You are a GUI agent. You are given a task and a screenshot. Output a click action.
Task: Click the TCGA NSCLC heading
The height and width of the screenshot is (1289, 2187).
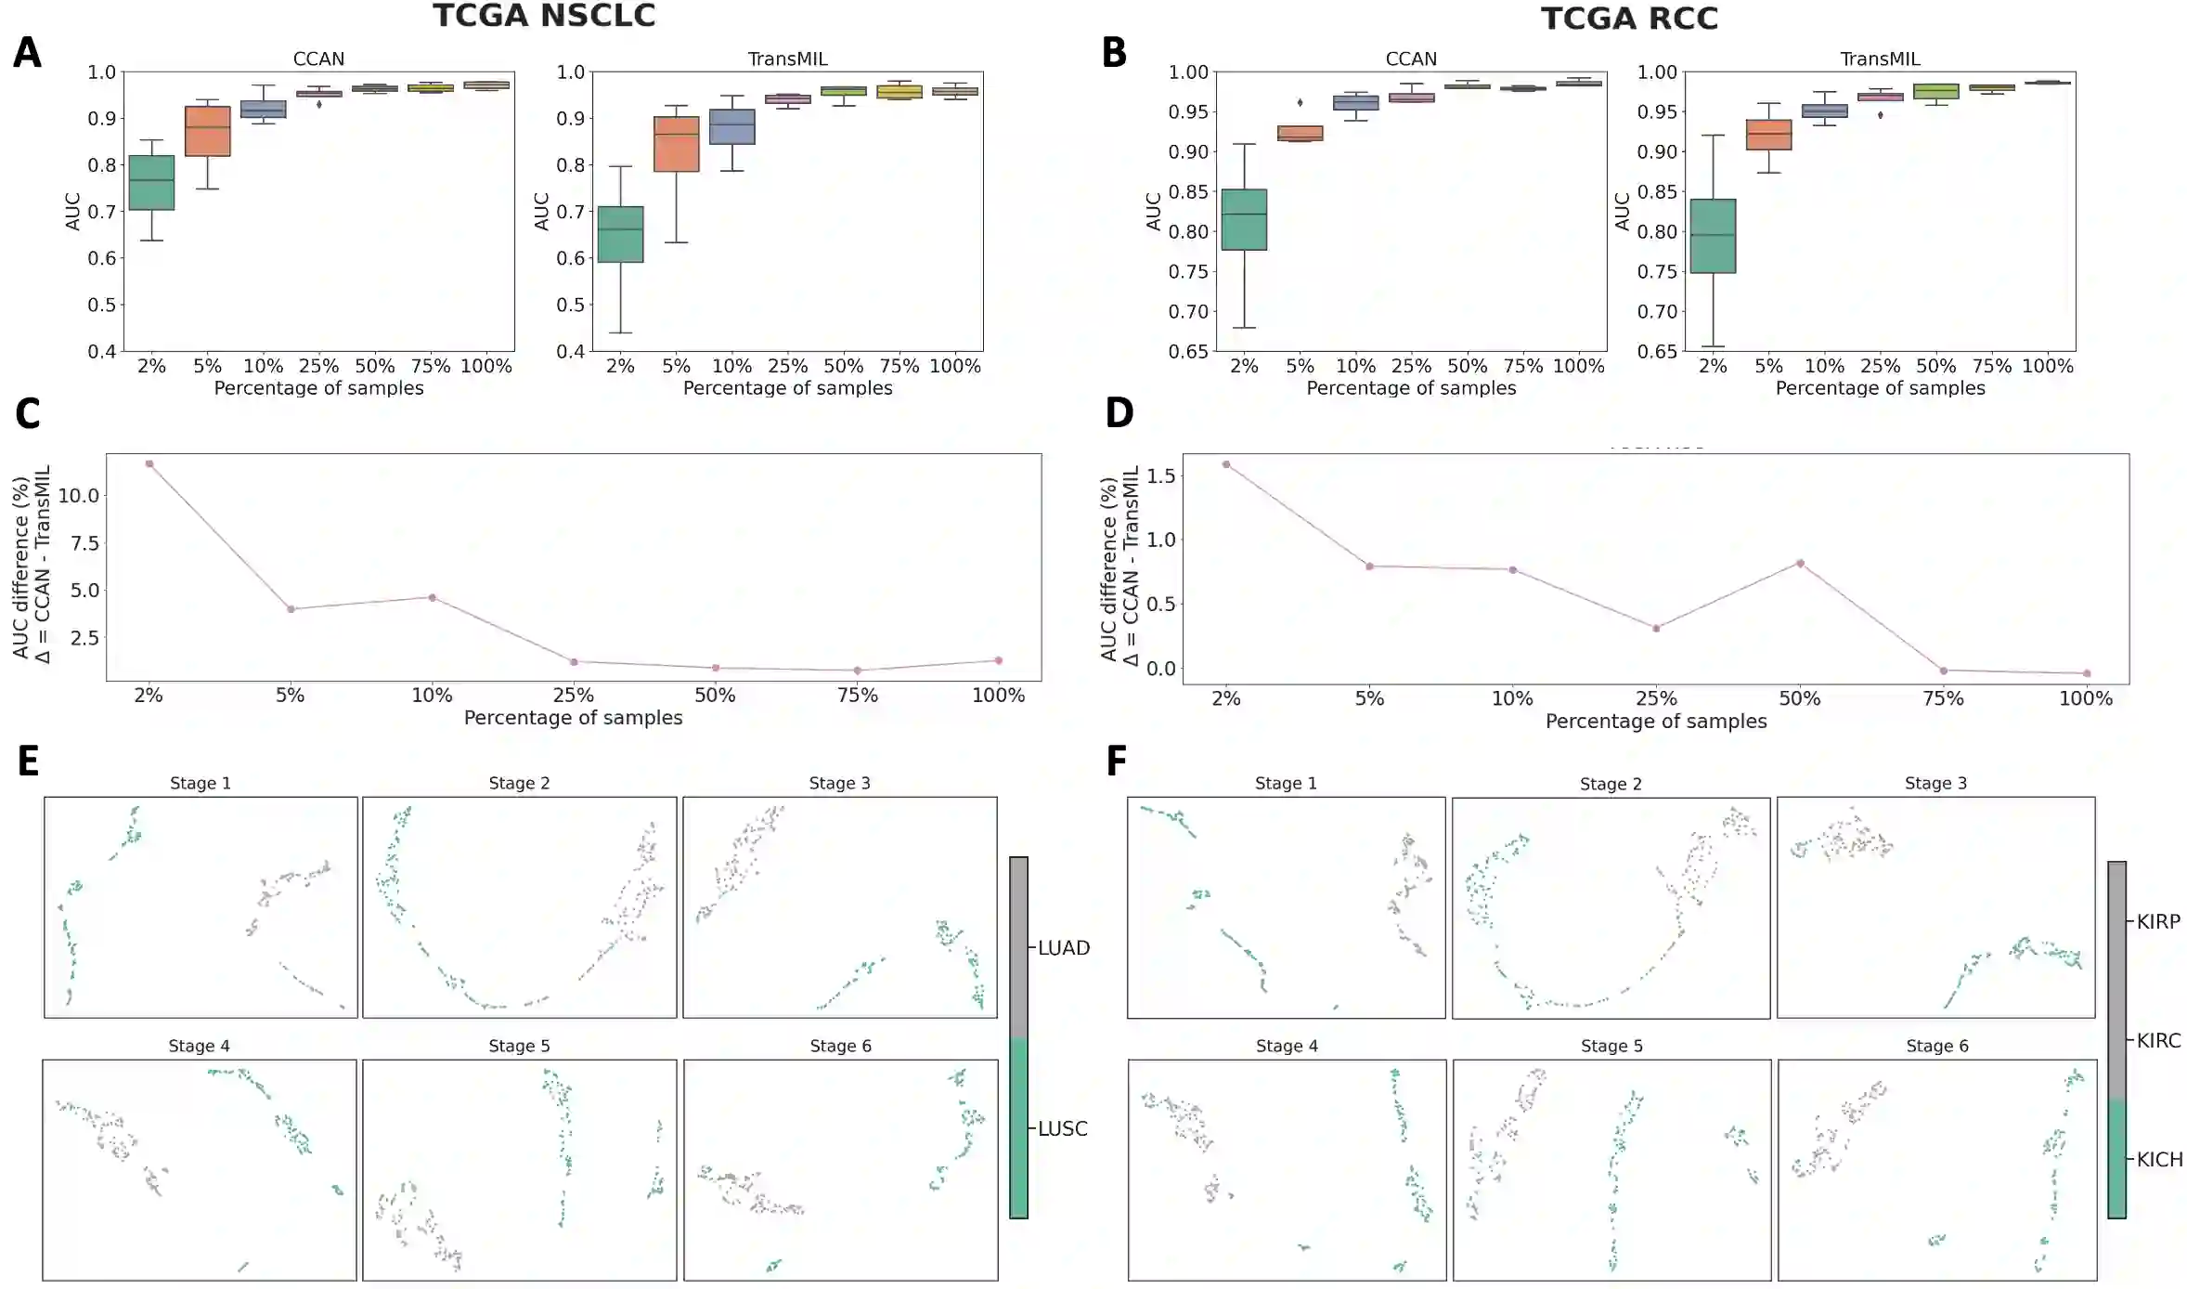click(x=544, y=16)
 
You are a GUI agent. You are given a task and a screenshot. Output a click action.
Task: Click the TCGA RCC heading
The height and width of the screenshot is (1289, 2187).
click(x=1629, y=19)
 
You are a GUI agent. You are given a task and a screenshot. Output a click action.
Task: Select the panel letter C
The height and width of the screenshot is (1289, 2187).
click(x=27, y=413)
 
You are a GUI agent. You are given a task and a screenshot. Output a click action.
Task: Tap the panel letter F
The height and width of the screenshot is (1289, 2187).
click(x=1116, y=762)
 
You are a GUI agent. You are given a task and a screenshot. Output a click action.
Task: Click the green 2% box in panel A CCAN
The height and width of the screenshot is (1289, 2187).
click(x=151, y=183)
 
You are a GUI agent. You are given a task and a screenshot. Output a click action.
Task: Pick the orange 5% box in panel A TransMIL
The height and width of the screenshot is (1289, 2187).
click(x=677, y=144)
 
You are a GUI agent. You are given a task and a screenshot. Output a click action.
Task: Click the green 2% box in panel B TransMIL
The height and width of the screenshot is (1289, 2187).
click(x=1713, y=236)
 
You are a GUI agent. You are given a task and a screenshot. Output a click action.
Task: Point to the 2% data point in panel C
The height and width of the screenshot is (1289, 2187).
click(x=149, y=463)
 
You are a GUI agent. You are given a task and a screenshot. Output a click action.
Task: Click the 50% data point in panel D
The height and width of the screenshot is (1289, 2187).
click(x=1800, y=563)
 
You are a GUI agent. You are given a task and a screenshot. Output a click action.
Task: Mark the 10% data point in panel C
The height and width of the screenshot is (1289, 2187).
click(x=433, y=597)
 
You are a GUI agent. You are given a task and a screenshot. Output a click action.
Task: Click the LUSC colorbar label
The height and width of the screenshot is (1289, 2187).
click(x=1063, y=1128)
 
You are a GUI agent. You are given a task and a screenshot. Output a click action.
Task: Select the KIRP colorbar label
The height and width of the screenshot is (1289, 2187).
click(x=2158, y=921)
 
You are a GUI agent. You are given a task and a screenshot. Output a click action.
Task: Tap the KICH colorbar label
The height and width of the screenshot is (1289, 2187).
click(x=2159, y=1159)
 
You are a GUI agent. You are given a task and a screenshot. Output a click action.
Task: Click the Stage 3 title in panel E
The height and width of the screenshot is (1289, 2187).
click(x=839, y=783)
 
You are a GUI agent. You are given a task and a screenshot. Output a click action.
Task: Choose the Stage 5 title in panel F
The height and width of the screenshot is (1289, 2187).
click(x=1611, y=1046)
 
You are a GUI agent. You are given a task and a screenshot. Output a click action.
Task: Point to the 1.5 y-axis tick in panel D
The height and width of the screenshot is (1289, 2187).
click(x=1160, y=475)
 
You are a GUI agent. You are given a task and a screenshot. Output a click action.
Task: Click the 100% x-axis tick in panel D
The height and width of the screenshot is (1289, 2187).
click(x=2086, y=698)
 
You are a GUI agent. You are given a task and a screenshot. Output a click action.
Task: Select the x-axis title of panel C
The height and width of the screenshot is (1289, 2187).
click(x=573, y=717)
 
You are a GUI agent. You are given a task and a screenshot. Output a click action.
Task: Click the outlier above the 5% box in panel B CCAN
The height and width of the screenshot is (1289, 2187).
click(x=1300, y=102)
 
